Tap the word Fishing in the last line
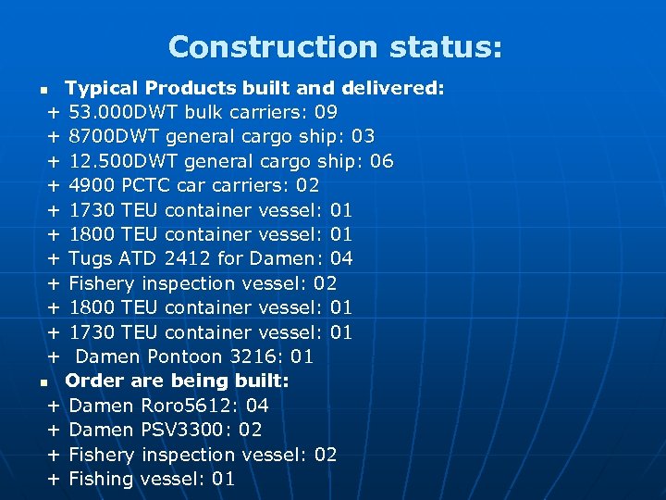click(100, 479)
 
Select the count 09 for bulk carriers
click(326, 113)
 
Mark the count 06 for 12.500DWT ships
click(381, 161)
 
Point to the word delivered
click(393, 89)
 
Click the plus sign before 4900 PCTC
click(54, 185)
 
